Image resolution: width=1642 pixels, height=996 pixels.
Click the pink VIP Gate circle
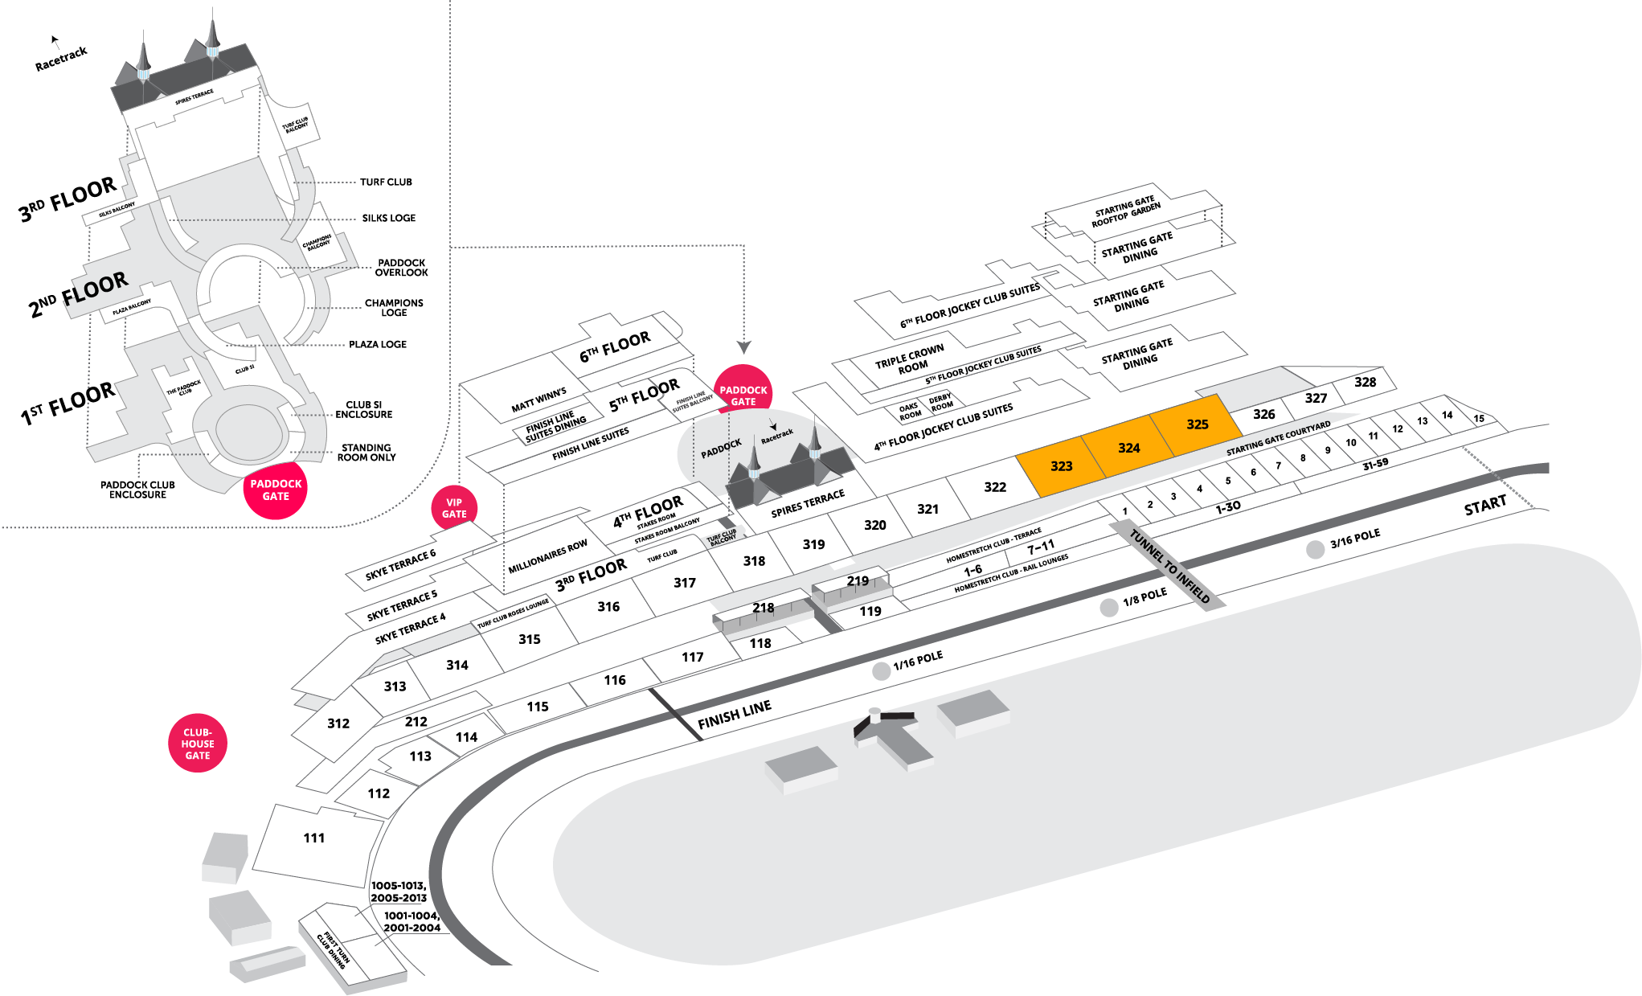pyautogui.click(x=454, y=508)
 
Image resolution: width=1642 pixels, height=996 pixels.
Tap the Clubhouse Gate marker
pyautogui.click(x=198, y=744)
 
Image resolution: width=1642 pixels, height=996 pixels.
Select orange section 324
pyautogui.click(x=1128, y=448)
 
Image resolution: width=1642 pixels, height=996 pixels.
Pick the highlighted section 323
pyautogui.click(x=1061, y=466)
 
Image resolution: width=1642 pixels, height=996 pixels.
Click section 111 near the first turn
pyautogui.click(x=314, y=838)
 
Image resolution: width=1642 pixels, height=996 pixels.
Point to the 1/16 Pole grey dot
pyautogui.click(x=882, y=671)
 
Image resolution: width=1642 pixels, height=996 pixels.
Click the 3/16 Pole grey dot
pyautogui.click(x=1315, y=549)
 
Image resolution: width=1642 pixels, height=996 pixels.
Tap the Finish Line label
pyautogui.click(x=734, y=714)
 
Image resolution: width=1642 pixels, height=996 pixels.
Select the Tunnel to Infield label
pyautogui.click(x=1169, y=565)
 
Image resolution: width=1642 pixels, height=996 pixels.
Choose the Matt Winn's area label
pyautogui.click(x=538, y=400)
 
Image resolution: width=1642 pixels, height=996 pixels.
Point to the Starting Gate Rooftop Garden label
pyautogui.click(x=1125, y=211)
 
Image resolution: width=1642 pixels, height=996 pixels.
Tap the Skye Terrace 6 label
pyautogui.click(x=400, y=564)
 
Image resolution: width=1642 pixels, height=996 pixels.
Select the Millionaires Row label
pyautogui.click(x=547, y=556)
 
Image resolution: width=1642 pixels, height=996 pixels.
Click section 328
pyautogui.click(x=1365, y=382)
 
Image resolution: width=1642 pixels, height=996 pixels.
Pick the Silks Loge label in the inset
pyautogui.click(x=388, y=218)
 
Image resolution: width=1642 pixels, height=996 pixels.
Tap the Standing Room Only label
pyautogui.click(x=366, y=453)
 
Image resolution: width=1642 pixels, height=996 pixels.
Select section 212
pyautogui.click(x=416, y=722)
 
